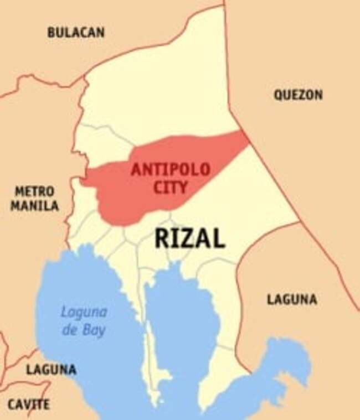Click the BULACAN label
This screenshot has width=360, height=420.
pos(76,33)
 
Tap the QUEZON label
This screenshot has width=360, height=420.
pos(298,95)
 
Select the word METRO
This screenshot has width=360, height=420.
pos(35,192)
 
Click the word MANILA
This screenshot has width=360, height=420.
pos(36,206)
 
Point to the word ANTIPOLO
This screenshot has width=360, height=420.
pos(170,170)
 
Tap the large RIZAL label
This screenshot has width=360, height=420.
pos(190,238)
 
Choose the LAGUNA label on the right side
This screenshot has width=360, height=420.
pos(292,300)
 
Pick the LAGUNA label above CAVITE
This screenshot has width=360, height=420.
pos(51,370)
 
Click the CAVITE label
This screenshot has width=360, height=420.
pos(28,405)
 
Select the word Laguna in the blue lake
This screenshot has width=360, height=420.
pos(84,313)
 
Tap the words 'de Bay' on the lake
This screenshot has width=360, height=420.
pos(84,331)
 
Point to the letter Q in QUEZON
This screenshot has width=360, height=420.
pos(278,95)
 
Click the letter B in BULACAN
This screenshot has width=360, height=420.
pos(51,33)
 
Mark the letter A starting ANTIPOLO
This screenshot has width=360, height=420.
pos(135,170)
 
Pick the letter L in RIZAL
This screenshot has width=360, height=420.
pos(219,238)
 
